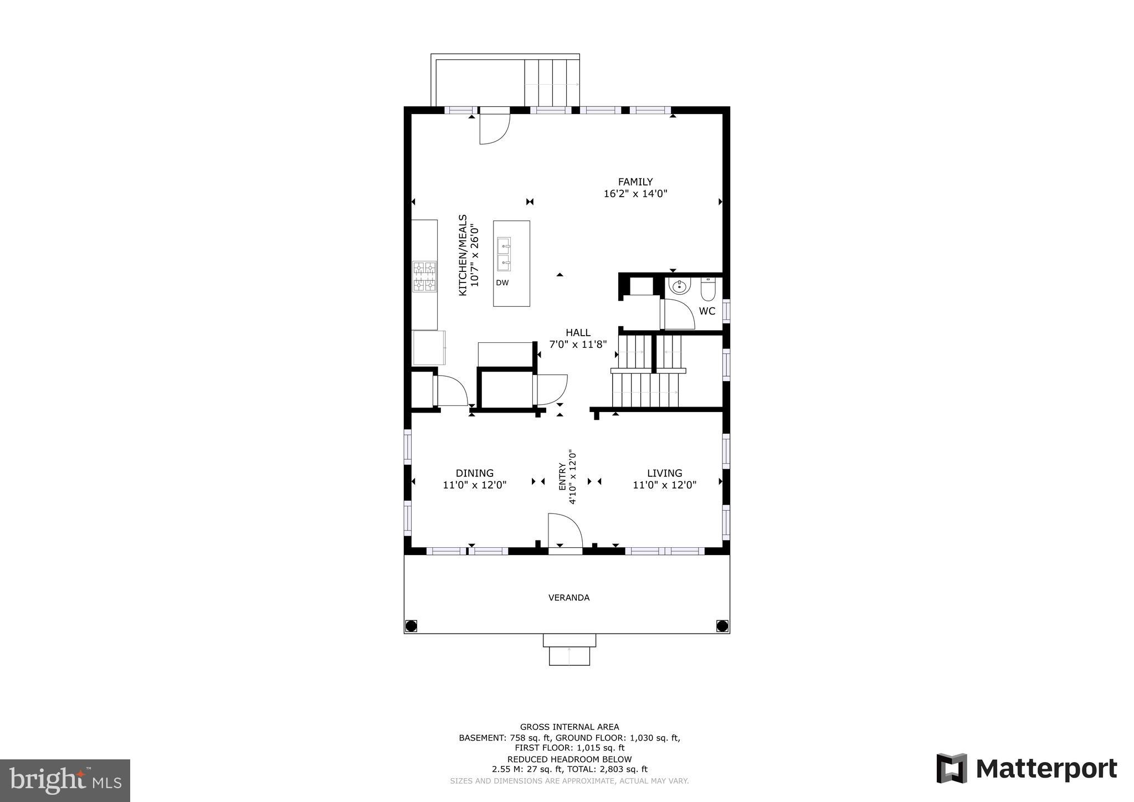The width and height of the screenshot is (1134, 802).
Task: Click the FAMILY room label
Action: click(635, 182)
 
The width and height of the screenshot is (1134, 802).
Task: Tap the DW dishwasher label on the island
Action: click(502, 283)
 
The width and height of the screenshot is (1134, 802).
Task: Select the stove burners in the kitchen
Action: click(424, 276)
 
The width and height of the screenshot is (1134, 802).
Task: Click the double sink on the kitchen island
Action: click(504, 254)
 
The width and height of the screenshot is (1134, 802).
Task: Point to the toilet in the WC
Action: click(709, 288)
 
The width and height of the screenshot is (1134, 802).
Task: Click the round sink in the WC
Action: click(679, 286)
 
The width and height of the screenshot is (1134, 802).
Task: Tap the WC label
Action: click(707, 311)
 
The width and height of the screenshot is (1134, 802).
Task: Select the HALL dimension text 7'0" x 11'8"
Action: click(578, 345)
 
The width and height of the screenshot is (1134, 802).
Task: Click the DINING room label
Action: click(475, 473)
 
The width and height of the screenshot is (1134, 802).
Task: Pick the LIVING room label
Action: click(665, 473)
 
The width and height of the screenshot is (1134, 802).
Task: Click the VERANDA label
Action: click(569, 598)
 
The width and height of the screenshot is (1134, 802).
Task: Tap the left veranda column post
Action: click(411, 626)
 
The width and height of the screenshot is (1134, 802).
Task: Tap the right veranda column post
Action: click(722, 626)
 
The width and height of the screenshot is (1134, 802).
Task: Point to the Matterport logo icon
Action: click(952, 768)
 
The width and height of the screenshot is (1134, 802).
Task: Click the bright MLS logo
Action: click(65, 780)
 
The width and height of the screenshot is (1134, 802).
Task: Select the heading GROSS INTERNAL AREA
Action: click(569, 727)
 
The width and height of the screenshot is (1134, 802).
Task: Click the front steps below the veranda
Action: click(569, 650)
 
